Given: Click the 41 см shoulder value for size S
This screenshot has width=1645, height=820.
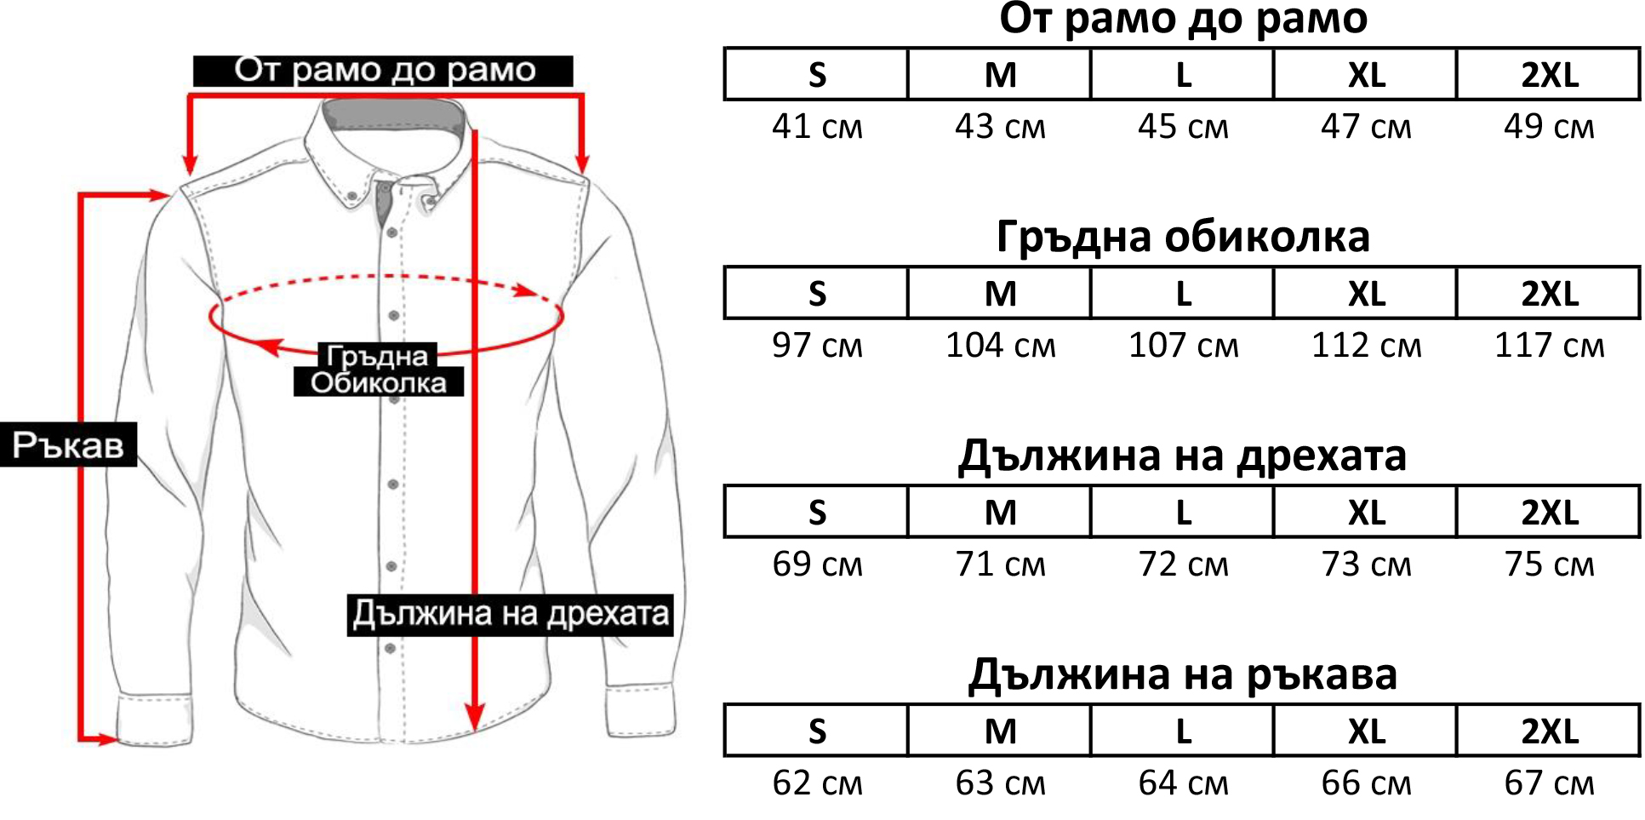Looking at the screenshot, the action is coord(817,127).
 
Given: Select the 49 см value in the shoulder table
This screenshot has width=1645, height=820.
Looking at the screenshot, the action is coord(1549,127).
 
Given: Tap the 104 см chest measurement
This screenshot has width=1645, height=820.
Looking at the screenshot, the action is coord(1000,346).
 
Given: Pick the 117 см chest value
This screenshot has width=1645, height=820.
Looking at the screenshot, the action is coord(1549,346).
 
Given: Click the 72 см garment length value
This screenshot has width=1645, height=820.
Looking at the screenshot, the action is coord(1183,565).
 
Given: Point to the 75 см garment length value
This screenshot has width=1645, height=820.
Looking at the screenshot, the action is coord(1549,565).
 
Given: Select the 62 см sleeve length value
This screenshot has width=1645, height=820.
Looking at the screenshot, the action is coord(817,783).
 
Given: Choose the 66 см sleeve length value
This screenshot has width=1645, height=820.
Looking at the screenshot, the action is coord(1366,783).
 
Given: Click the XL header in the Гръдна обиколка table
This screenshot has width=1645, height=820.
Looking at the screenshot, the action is coord(1366,294).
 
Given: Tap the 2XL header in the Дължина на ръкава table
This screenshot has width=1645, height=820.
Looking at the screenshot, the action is coord(1550,731).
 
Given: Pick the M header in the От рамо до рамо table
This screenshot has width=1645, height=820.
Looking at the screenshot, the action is coord(1000,75).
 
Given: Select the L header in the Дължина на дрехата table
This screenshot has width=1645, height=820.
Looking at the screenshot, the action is coord(1183,513).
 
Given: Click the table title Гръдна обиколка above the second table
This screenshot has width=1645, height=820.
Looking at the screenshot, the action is coord(1183,237).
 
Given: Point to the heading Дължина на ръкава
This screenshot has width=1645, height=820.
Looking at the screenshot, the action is coord(1183,674).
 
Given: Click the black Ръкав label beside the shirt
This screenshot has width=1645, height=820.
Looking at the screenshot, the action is coord(68,444).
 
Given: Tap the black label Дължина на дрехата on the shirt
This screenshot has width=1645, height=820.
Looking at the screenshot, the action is coord(510,615).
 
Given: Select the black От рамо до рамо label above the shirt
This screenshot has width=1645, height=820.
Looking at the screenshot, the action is coord(383,71).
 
